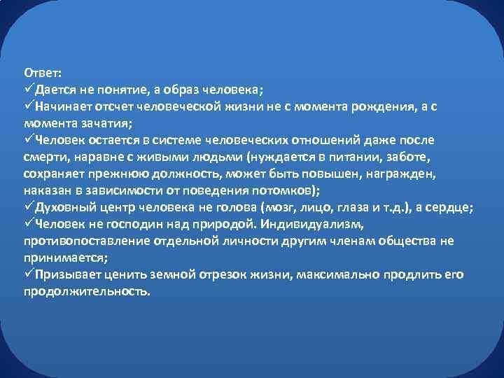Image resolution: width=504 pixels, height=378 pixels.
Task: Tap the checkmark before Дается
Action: (x=29, y=90)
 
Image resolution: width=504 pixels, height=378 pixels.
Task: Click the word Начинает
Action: (x=66, y=107)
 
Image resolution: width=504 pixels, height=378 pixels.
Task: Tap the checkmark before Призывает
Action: (x=29, y=274)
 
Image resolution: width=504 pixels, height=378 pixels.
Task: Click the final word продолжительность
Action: (x=87, y=291)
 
